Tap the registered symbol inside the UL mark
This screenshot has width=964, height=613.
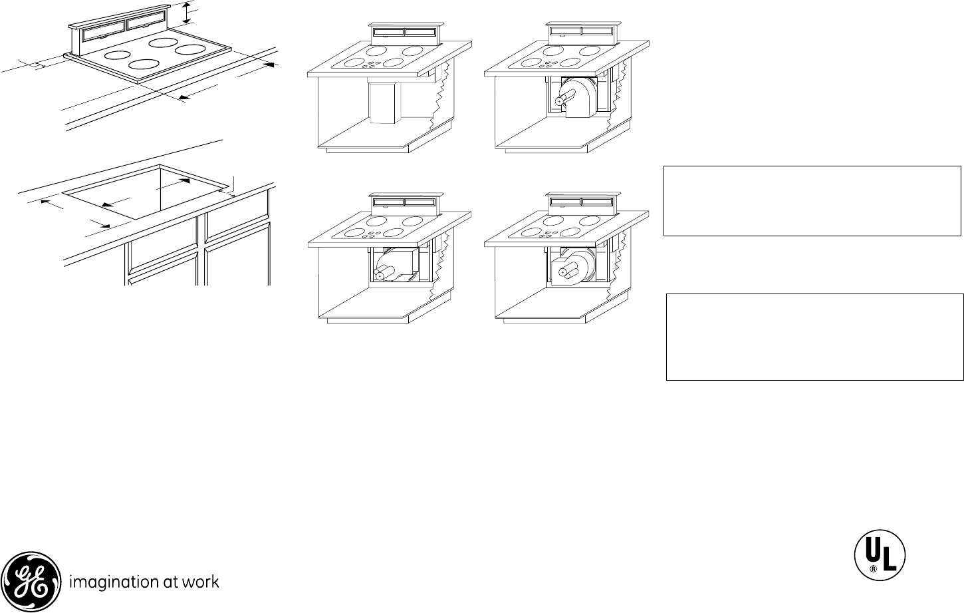pyautogui.click(x=873, y=569)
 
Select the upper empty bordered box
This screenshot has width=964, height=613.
pyautogui.click(x=812, y=201)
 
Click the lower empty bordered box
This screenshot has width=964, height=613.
pyautogui.click(x=814, y=337)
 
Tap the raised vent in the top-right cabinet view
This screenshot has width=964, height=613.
pyautogui.click(x=581, y=31)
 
